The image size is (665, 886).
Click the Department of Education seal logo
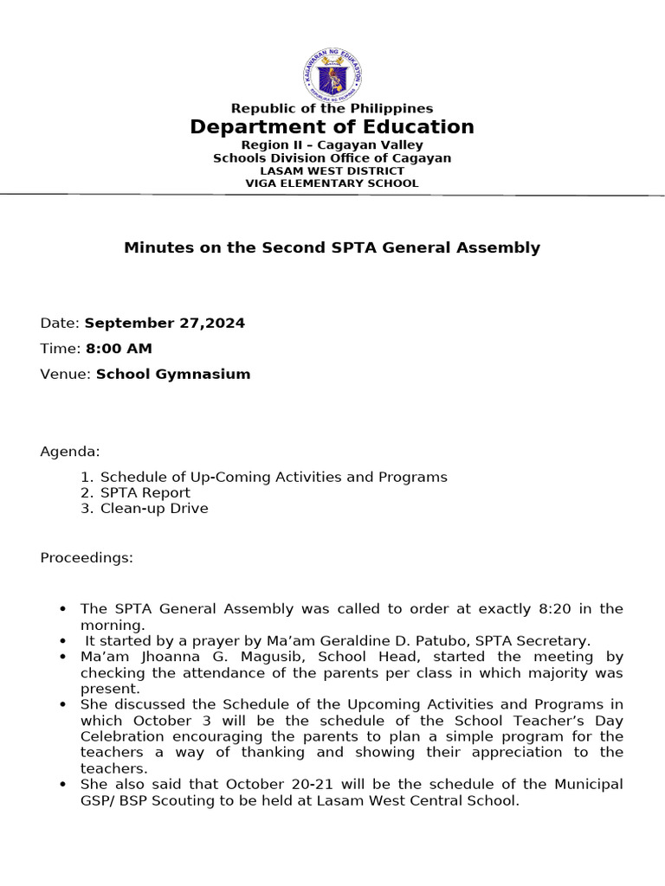tap(332, 74)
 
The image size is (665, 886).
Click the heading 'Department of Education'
tap(332, 127)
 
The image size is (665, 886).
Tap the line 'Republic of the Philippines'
tap(332, 108)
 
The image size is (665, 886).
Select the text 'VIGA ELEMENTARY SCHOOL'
tap(332, 183)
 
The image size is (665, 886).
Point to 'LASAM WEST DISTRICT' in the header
tap(332, 171)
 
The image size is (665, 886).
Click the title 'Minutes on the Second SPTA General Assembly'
tap(332, 247)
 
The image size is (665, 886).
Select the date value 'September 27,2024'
tap(165, 323)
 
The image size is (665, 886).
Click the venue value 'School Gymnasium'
tap(173, 375)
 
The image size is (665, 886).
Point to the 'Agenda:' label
tap(70, 452)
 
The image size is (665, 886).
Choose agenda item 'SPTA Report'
tap(145, 492)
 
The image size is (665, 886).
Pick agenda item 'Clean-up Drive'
tap(154, 508)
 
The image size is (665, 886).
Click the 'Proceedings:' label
tap(87, 558)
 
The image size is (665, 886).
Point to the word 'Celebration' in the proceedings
tap(117, 736)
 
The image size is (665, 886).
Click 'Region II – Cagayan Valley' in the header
tap(332, 144)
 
